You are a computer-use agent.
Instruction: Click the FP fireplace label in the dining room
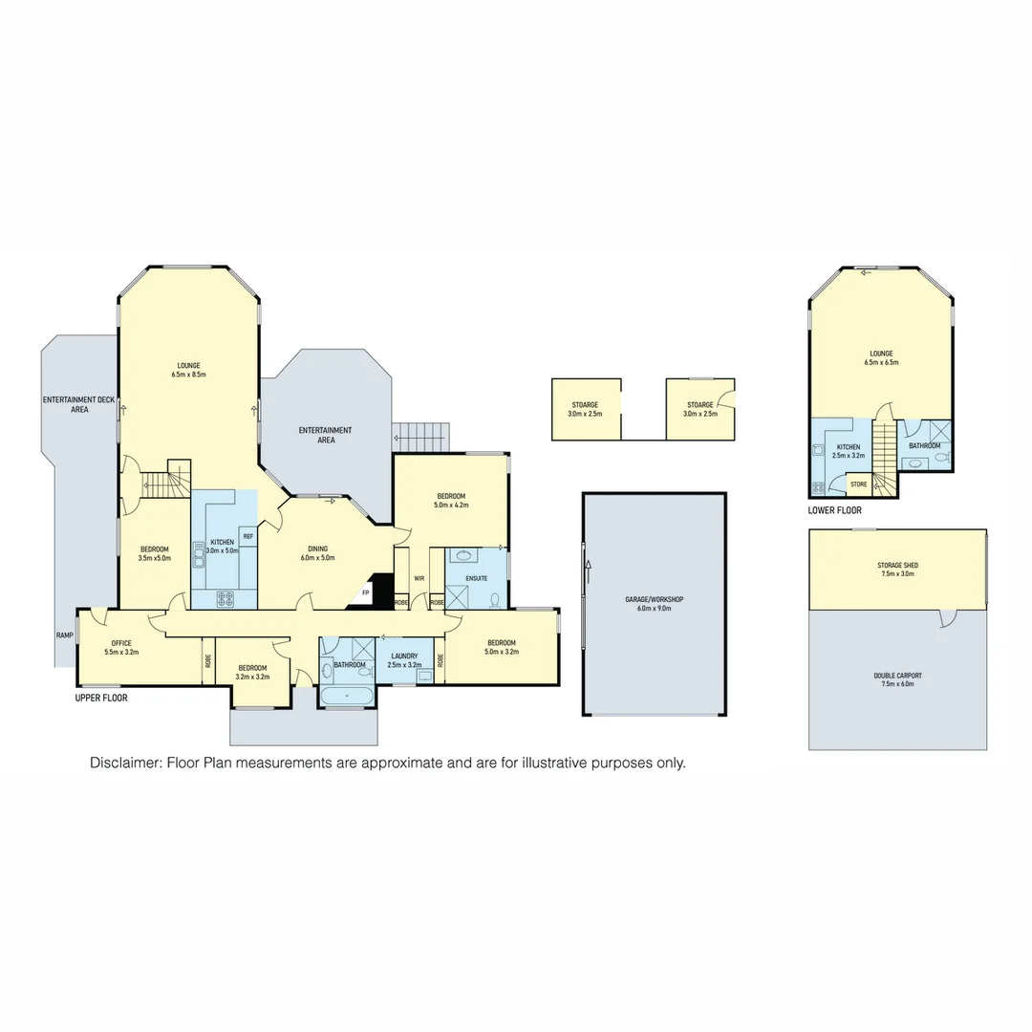366,593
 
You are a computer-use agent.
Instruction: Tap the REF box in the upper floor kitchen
247,537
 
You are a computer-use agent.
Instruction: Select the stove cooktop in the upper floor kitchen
226,599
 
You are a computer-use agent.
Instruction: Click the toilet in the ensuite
494,600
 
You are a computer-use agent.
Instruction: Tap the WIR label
419,578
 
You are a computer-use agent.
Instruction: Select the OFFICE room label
121,643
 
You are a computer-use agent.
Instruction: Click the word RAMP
64,634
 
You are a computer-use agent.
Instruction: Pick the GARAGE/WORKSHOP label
655,599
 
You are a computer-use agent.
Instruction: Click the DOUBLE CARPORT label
897,676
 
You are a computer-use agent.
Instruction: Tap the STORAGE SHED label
897,566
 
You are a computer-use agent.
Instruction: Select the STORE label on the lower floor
858,484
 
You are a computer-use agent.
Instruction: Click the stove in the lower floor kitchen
819,487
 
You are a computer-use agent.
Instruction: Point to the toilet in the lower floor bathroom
941,460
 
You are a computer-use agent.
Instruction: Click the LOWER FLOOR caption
834,510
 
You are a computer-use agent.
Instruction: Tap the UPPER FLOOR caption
101,699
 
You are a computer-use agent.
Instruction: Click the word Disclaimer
125,763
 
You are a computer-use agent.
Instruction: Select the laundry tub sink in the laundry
423,676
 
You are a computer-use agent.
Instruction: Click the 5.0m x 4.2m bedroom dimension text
451,505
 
